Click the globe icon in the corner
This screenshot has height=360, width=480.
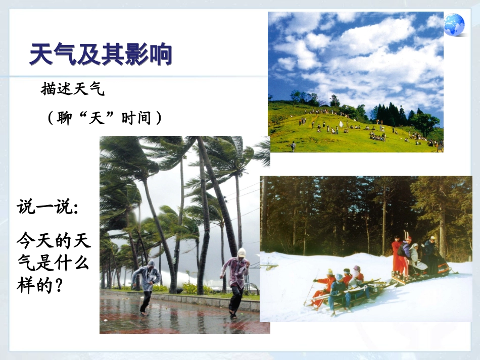point(454,24)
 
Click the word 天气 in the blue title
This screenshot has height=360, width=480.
point(52,54)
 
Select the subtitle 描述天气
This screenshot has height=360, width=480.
point(72,90)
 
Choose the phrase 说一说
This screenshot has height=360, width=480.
point(46,207)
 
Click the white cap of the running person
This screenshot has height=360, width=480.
point(242,252)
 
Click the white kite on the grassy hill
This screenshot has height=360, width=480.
point(341,123)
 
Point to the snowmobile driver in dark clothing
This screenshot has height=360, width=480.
point(429,252)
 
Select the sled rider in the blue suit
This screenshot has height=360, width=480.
point(338,291)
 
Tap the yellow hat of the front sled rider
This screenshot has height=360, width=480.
point(329,272)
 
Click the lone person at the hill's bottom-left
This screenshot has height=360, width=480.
point(293,146)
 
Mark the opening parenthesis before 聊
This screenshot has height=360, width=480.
point(51,119)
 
